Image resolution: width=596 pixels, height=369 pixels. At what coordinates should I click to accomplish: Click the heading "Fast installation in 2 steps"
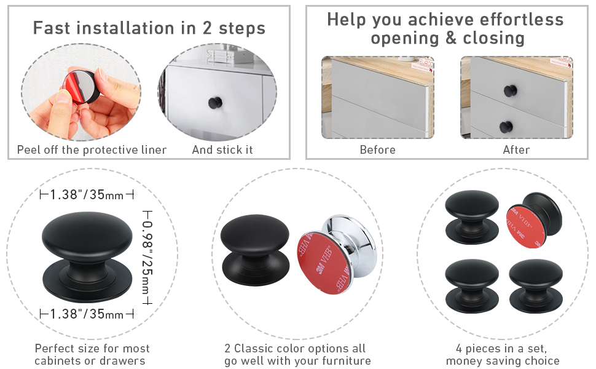(x=149, y=28)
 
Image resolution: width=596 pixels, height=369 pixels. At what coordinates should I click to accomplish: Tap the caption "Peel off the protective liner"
(x=92, y=150)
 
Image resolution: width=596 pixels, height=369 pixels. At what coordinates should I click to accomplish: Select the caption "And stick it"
(x=222, y=149)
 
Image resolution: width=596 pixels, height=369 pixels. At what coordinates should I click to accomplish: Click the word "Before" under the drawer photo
(x=377, y=150)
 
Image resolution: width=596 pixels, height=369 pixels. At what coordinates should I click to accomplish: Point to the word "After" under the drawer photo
(x=516, y=150)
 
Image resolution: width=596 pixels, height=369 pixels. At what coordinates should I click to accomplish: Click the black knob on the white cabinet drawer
(x=216, y=102)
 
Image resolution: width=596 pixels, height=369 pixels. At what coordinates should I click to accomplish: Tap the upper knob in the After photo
(x=511, y=90)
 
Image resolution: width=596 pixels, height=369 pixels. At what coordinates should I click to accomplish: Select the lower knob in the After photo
(x=506, y=127)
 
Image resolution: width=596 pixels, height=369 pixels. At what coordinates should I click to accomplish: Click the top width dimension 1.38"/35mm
(x=87, y=195)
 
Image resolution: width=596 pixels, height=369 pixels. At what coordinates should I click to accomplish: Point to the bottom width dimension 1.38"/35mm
(x=87, y=314)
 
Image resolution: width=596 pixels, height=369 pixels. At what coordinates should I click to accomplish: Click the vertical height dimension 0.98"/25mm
(x=147, y=258)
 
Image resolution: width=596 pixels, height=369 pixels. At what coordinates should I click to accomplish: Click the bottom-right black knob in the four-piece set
(x=536, y=286)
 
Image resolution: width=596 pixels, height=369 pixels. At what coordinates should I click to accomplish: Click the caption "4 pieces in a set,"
(x=501, y=348)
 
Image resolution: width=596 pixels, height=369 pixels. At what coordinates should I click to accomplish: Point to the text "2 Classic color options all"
(x=295, y=348)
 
